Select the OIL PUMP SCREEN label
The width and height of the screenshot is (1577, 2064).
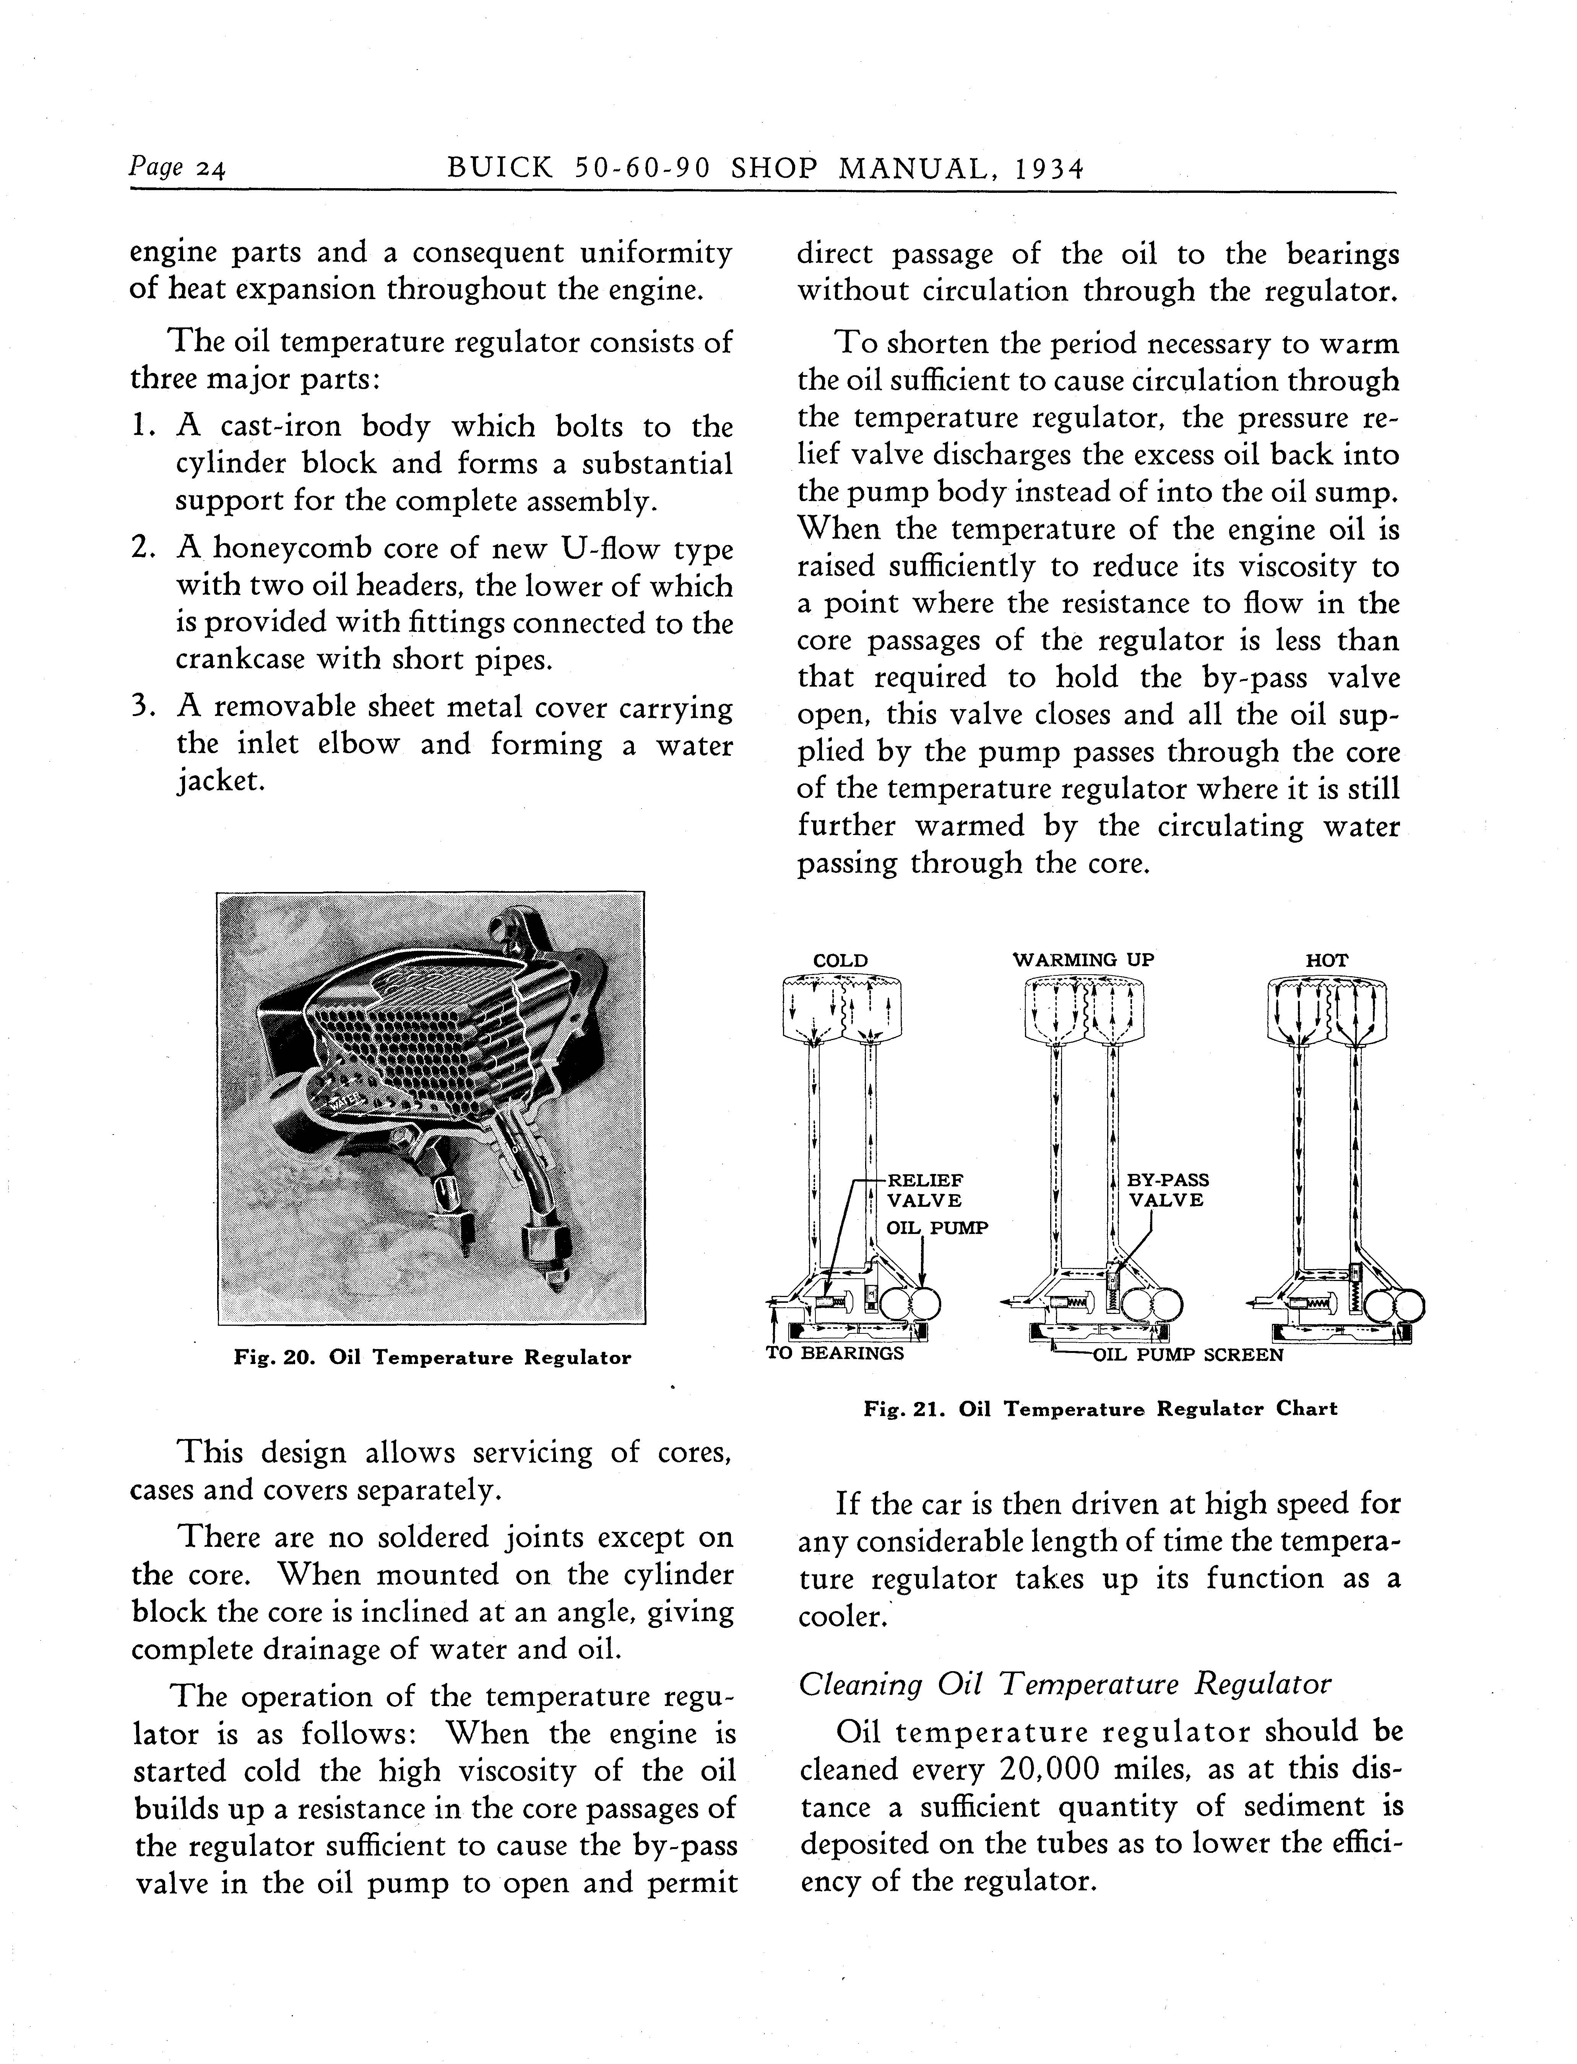(1187, 1355)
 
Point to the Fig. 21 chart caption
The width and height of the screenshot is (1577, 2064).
(1100, 1408)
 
